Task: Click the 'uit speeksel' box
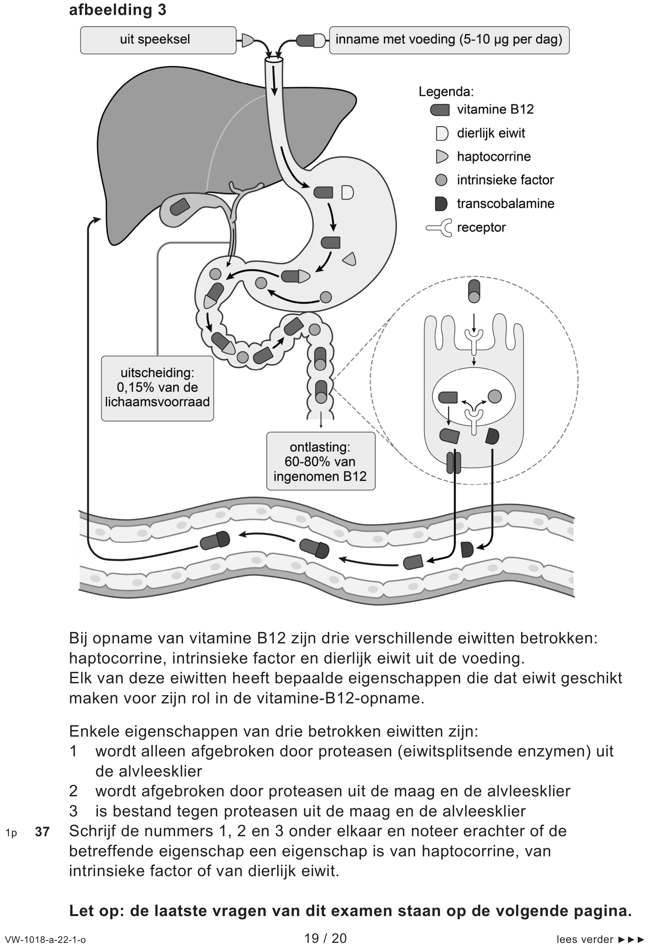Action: click(158, 40)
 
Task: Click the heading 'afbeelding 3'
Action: click(117, 10)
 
